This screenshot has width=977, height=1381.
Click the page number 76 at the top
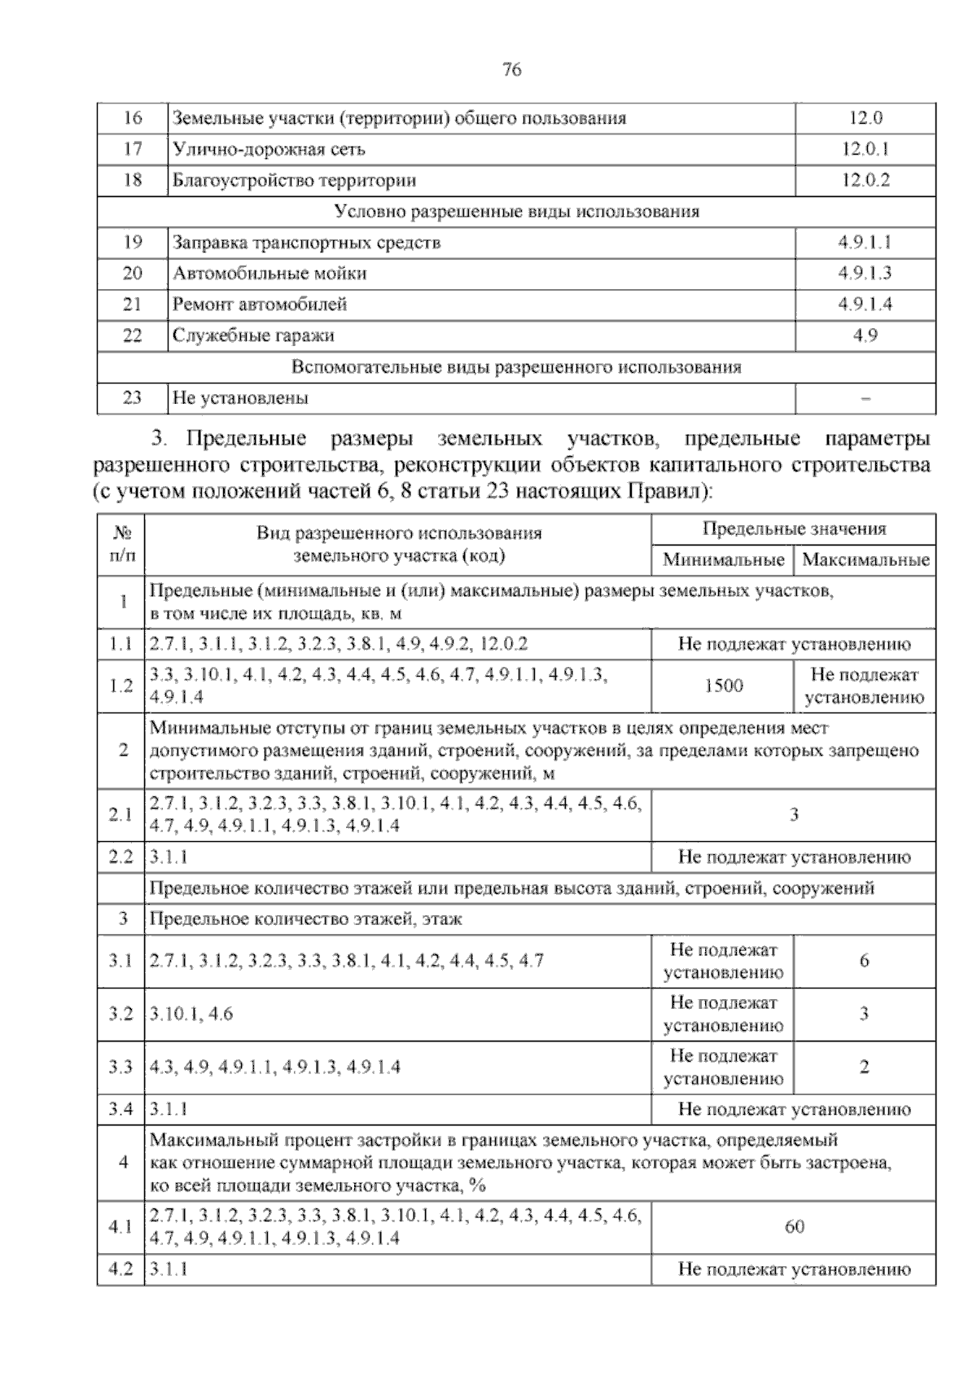point(512,70)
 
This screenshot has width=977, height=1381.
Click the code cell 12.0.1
point(865,149)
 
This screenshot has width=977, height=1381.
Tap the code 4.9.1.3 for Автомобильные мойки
point(865,273)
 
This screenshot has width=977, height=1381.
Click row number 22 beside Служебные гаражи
point(132,335)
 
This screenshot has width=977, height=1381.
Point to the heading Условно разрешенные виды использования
point(516,212)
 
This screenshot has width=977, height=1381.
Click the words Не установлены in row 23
point(240,398)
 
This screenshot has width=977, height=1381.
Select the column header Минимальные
point(723,560)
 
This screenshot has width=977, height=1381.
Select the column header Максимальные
point(865,560)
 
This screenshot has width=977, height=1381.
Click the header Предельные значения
point(794,529)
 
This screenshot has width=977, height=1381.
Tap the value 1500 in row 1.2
point(723,686)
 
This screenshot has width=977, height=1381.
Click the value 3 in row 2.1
point(794,814)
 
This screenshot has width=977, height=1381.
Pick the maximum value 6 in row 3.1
point(864,961)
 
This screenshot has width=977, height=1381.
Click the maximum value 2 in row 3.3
point(864,1067)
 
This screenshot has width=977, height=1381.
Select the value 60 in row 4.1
point(794,1226)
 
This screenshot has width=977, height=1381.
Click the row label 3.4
point(120,1109)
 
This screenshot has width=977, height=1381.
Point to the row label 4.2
point(120,1269)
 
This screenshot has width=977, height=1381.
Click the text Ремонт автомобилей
point(260,305)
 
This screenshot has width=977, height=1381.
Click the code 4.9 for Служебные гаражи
point(865,335)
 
